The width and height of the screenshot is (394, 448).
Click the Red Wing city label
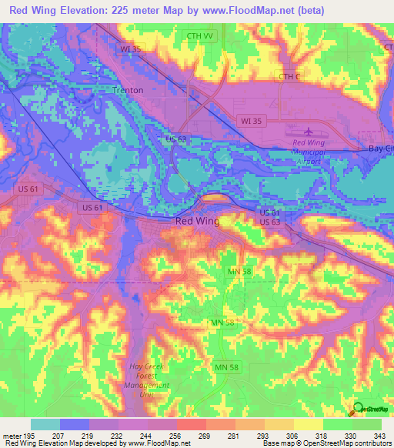coord(198,221)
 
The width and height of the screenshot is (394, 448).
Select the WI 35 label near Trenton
coord(129,48)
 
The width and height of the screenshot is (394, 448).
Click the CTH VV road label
coord(199,36)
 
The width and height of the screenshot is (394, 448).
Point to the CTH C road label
coord(288,76)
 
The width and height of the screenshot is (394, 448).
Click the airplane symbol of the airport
coord(309,132)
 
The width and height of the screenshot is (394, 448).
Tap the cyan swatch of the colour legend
coord(45,424)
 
